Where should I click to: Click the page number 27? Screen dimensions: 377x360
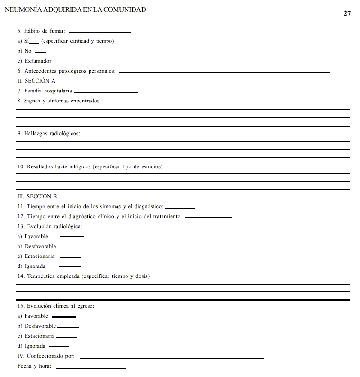pyautogui.click(x=347, y=13)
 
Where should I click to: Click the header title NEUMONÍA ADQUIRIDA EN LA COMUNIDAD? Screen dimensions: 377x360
pyautogui.click(x=75, y=9)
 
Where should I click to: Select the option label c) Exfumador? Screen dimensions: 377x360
pyautogui.click(x=34, y=61)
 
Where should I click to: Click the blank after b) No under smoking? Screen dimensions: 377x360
pyautogui.click(x=40, y=52)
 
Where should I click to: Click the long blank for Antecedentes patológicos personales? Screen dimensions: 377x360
pyautogui.click(x=225, y=72)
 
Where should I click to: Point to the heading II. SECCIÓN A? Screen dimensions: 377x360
pyautogui.click(x=36, y=81)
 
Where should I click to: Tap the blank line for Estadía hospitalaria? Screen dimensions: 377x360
pyautogui.click(x=106, y=92)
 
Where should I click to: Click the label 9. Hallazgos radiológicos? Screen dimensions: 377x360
pyautogui.click(x=49, y=134)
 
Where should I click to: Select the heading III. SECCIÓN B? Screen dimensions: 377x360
pyautogui.click(x=37, y=196)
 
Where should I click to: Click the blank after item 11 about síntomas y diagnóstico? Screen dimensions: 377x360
pyautogui.click(x=180, y=208)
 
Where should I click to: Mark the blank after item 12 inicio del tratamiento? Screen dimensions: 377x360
pyautogui.click(x=208, y=218)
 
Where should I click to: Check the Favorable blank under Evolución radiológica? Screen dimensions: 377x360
pyautogui.click(x=72, y=236)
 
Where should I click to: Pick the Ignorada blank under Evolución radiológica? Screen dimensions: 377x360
pyautogui.click(x=70, y=267)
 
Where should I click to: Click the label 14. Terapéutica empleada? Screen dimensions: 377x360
pyautogui.click(x=83, y=276)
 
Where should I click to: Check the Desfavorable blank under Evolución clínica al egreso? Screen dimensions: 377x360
pyautogui.click(x=68, y=327)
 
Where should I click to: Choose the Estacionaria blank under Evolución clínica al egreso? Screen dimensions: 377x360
pyautogui.click(x=66, y=337)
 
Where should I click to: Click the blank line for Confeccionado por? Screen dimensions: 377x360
pyautogui.click(x=171, y=358)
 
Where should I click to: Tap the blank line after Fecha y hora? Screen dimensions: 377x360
pyautogui.click(x=90, y=368)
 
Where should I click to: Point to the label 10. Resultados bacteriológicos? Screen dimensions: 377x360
pyautogui.click(x=90, y=167)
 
